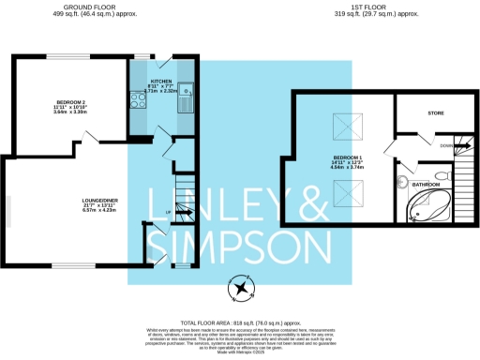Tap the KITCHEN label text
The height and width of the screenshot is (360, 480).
pos(161,82)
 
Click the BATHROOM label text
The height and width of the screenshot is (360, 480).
pos(427,186)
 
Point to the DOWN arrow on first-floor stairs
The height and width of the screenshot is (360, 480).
pos(448,148)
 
